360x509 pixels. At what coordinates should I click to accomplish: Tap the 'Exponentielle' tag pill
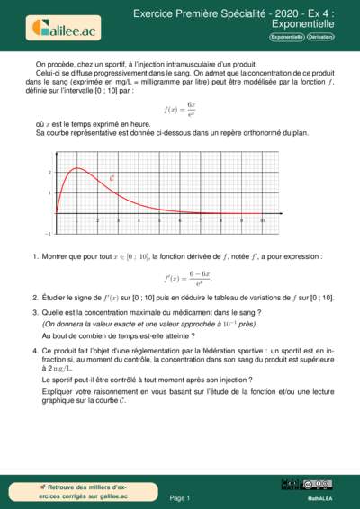click(x=286, y=38)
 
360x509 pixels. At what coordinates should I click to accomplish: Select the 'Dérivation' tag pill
click(x=319, y=38)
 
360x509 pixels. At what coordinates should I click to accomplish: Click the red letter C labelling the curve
click(x=111, y=178)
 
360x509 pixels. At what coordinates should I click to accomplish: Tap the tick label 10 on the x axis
click(x=262, y=219)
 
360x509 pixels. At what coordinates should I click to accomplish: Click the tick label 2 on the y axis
click(x=49, y=171)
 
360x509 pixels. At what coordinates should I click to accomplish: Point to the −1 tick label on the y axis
click(x=48, y=233)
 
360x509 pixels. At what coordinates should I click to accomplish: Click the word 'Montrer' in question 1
click(x=57, y=257)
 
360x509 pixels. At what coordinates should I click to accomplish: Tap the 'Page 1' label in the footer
click(x=180, y=496)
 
